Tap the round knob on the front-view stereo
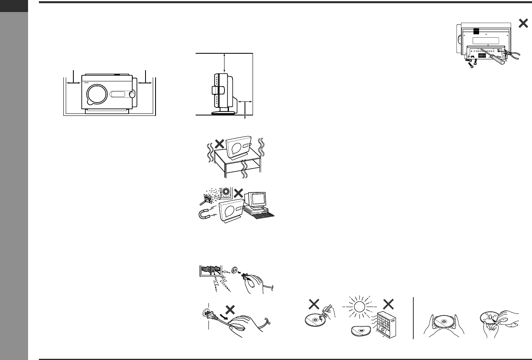coord(132,94)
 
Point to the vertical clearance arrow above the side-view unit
coord(224,63)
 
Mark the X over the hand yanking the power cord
coord(230,309)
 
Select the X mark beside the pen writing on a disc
coord(314,305)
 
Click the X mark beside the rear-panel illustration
coord(523,24)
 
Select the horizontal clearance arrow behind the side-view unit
coord(245,102)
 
